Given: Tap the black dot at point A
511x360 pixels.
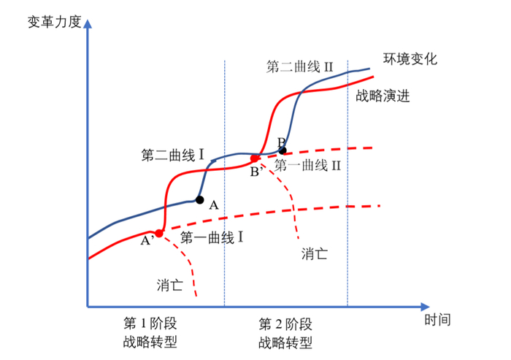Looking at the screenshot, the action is (200, 199).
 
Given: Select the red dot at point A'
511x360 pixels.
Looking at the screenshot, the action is (159, 234).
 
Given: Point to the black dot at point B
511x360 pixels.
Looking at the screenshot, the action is (283, 150).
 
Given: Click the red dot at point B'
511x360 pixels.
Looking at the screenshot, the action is (255, 158).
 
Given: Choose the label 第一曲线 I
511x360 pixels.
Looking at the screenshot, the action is (211, 237).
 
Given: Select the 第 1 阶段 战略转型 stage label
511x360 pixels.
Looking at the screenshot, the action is (150, 332).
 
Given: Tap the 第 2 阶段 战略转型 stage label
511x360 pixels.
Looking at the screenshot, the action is (286, 332).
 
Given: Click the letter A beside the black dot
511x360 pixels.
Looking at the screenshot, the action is (214, 206).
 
